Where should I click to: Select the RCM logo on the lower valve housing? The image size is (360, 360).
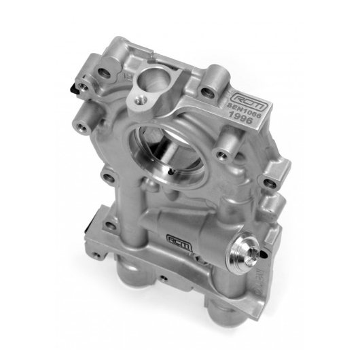coord(179,239)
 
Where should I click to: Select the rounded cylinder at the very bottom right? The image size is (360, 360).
coord(227,319)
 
